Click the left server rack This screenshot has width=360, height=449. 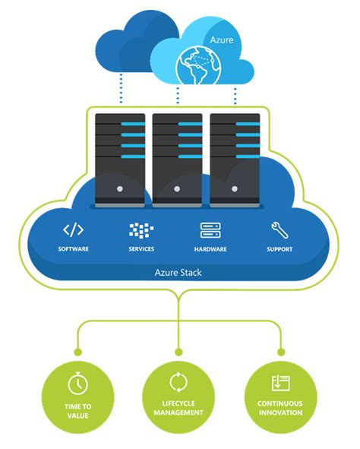coord(119,159)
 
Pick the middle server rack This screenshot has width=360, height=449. coord(177,159)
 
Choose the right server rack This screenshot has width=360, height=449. coord(235,159)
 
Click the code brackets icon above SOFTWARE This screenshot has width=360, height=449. coord(73,229)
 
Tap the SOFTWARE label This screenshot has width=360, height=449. coord(74,249)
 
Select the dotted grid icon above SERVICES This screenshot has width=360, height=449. coord(142,230)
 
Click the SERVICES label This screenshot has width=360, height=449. coord(142,249)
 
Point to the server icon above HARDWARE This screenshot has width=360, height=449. coord(210,230)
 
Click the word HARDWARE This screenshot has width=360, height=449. coord(210,249)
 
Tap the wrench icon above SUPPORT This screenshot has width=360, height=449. coord(279,229)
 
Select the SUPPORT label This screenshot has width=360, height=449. coord(279,249)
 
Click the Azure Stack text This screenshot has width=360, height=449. coord(179,271)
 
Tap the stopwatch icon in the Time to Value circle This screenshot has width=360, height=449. coord(78,383)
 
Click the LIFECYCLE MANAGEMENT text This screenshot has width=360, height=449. coord(179,408)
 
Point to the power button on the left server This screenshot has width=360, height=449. coord(119,187)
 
